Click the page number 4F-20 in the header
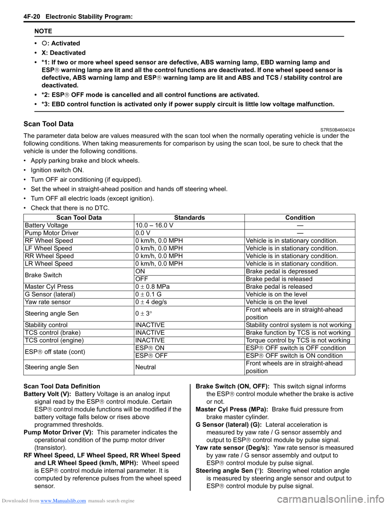(32, 17)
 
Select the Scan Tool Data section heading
(48, 124)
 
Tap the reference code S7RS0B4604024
(334, 130)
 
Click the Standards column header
(189, 218)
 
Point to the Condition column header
(300, 218)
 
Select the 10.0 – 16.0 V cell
(154, 225)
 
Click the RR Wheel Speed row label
(49, 256)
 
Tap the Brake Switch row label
(44, 275)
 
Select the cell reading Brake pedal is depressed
(282, 271)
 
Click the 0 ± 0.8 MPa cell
(153, 286)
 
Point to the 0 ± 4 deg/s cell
(151, 302)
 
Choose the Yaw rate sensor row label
(48, 302)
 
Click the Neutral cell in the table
(146, 367)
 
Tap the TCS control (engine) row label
(54, 340)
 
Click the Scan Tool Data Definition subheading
(62, 386)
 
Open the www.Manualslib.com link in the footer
(63, 501)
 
